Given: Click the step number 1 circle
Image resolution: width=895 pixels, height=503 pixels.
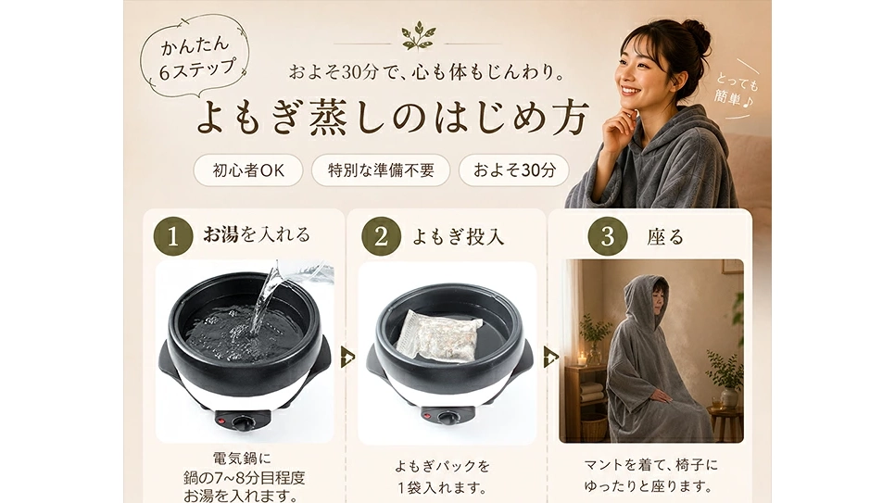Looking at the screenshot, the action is click(171, 235).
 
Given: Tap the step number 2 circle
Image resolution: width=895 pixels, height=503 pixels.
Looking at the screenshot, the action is click(380, 235).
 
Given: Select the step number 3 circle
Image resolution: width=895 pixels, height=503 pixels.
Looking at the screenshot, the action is click(608, 235).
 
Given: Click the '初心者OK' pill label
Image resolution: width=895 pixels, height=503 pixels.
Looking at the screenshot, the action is click(248, 170).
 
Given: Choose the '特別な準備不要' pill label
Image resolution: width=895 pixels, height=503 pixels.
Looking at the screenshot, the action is click(381, 170).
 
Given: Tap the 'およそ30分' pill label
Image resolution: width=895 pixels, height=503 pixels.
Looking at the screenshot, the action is click(513, 170).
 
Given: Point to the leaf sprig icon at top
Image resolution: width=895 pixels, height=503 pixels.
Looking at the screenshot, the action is click(417, 36).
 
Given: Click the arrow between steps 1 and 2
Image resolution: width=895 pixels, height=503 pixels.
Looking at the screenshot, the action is click(347, 358).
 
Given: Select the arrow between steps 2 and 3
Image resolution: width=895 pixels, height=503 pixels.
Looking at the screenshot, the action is click(551, 358).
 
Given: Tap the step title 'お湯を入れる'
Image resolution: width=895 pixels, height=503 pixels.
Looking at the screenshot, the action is click(257, 234).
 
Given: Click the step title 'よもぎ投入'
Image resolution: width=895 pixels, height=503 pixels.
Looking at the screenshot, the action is click(459, 236).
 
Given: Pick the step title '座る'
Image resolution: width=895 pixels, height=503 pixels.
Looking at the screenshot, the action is click(665, 236).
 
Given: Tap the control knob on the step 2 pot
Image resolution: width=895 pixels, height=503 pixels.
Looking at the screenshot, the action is click(447, 418).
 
